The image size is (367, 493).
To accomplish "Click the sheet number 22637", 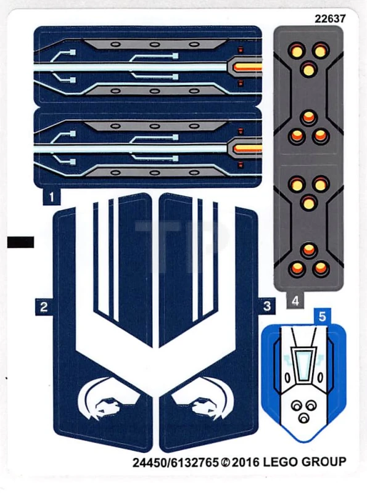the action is click(x=330, y=19).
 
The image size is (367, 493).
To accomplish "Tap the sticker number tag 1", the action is click(x=52, y=197).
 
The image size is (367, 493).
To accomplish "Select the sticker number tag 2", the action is click(x=44, y=307).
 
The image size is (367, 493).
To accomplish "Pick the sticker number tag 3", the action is click(x=267, y=306).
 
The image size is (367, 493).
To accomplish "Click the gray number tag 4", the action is click(x=295, y=301).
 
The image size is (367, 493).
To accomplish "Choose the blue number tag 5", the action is click(x=323, y=317).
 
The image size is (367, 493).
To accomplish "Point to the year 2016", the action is click(x=245, y=463).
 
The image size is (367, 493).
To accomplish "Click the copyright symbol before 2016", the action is click(x=225, y=463).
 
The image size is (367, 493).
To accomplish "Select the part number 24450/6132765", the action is click(x=176, y=463).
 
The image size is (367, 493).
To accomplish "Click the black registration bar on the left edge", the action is click(x=20, y=242).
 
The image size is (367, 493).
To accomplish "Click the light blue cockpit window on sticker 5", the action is click(x=303, y=365).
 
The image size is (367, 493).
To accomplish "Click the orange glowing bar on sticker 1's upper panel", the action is click(x=249, y=67).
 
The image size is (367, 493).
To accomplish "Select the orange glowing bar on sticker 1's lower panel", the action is click(x=249, y=149).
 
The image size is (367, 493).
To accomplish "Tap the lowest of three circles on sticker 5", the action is click(x=303, y=419).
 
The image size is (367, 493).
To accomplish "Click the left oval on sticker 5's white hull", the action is click(x=287, y=377).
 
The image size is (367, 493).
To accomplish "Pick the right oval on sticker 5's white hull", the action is click(x=320, y=377).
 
